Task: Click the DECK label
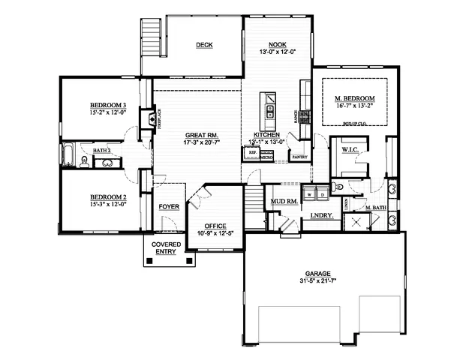(204, 45)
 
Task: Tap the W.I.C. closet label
(349, 150)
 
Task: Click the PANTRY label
(299, 157)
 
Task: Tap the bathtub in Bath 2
(67, 154)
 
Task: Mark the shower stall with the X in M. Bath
(353, 221)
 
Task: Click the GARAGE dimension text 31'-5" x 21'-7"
(323, 280)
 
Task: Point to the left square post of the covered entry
(150, 261)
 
